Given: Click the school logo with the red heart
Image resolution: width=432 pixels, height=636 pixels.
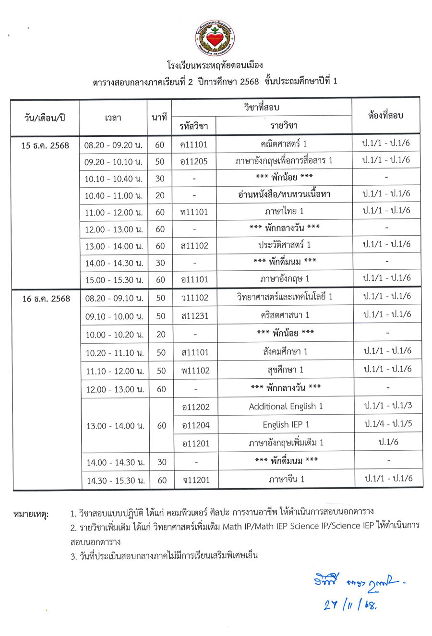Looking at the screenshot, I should point(215,38).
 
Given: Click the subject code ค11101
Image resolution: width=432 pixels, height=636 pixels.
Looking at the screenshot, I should point(194,144).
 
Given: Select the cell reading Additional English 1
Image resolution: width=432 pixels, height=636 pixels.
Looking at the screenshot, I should point(286,407).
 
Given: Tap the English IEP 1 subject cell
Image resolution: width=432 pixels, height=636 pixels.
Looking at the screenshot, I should point(286,425).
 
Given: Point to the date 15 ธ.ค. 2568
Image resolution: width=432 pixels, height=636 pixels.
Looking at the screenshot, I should point(45,145).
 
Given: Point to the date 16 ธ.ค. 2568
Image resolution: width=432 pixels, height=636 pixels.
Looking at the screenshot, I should point(46,299).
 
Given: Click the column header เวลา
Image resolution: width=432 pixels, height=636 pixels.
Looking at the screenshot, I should point(113,117).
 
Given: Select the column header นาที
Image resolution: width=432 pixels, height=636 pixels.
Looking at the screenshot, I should point(159,117).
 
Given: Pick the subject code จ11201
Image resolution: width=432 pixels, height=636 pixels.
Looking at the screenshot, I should point(196,480).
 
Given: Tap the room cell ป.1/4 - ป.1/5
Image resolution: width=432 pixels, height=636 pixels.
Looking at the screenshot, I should point(388,424).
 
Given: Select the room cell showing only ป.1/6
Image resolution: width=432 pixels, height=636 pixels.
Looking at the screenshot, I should point(388,442).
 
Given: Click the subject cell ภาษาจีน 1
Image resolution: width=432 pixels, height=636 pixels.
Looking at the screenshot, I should point(287,479).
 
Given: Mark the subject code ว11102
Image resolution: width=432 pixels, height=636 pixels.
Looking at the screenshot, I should point(195,298).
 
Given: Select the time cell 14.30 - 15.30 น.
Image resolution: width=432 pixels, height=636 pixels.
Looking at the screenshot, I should point(116,480).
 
